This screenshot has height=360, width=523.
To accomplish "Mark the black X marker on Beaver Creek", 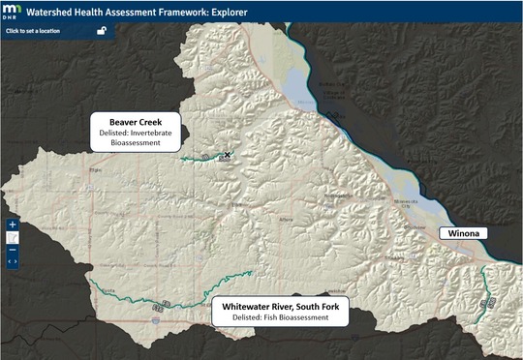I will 228,154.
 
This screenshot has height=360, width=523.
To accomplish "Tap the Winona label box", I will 464,233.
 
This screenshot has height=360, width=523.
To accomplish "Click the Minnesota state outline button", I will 13,237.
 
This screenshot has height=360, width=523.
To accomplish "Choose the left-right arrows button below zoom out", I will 13,260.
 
